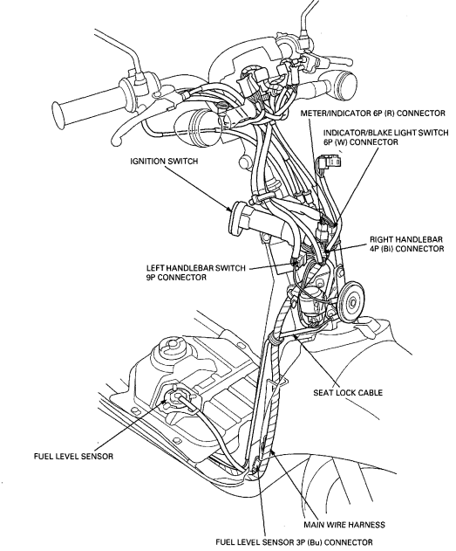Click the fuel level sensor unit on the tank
click(180, 400)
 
